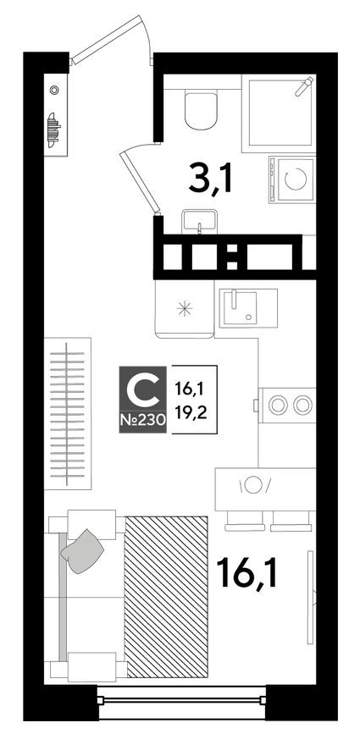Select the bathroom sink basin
point(200,220)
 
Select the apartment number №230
point(144,420)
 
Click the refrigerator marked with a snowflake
point(182,310)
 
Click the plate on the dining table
point(256,484)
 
